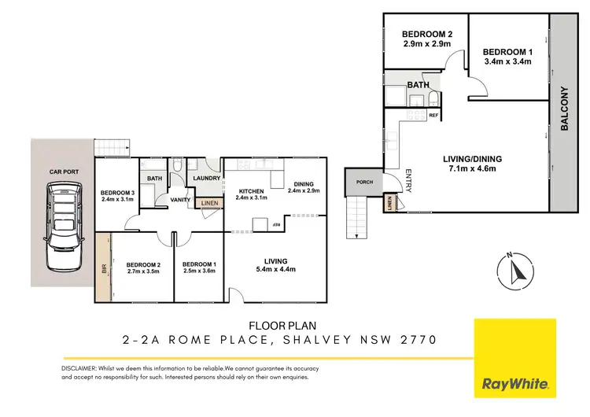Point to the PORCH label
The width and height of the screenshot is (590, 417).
(363, 183)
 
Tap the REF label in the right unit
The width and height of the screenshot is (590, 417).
(433, 116)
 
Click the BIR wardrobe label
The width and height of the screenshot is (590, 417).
(104, 268)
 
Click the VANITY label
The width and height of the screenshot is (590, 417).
(182, 200)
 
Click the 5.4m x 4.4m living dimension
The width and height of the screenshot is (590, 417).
(275, 271)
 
